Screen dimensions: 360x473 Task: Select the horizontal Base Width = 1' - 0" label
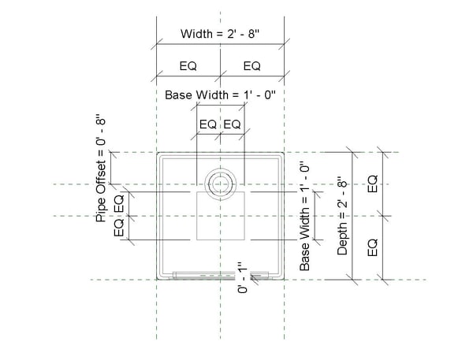pos(220,95)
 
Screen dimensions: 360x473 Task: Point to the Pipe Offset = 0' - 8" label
pos(101,169)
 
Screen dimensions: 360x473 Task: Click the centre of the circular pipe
pos(220,184)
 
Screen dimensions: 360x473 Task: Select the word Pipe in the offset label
pos(101,213)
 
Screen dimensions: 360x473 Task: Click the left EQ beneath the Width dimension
pos(188,65)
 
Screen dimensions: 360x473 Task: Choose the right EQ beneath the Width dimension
pos(251,65)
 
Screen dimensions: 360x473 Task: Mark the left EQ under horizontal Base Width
pos(207,124)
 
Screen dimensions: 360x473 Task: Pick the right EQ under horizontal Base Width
pos(233,124)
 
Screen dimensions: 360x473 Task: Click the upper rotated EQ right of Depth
pos(373,184)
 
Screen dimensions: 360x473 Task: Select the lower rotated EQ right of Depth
pos(373,246)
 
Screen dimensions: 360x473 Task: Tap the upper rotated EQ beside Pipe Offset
pos(119,202)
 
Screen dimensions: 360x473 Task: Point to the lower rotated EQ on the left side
pos(119,228)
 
